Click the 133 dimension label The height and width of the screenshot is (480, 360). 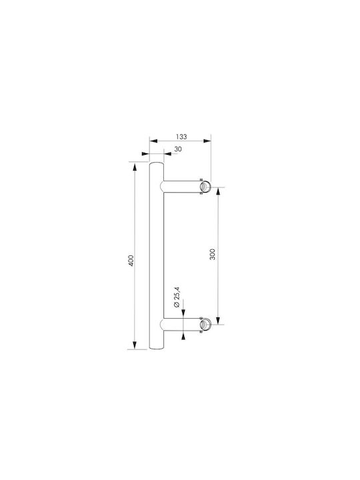pyautogui.click(x=181, y=137)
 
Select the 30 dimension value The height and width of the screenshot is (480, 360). pyautogui.click(x=178, y=149)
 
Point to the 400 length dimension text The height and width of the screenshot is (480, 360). pyautogui.click(x=131, y=260)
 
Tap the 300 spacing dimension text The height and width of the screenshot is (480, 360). pyautogui.click(x=213, y=254)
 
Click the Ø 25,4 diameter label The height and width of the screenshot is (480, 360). pyautogui.click(x=176, y=297)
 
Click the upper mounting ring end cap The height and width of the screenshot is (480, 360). pyautogui.click(x=205, y=187)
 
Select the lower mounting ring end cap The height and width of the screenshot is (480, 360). pyautogui.click(x=205, y=325)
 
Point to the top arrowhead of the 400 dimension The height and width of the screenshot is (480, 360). pyautogui.click(x=134, y=167)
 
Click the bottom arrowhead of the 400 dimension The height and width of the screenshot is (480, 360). pyautogui.click(x=134, y=345)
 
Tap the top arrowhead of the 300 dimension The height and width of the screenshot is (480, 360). pyautogui.click(x=218, y=191)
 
